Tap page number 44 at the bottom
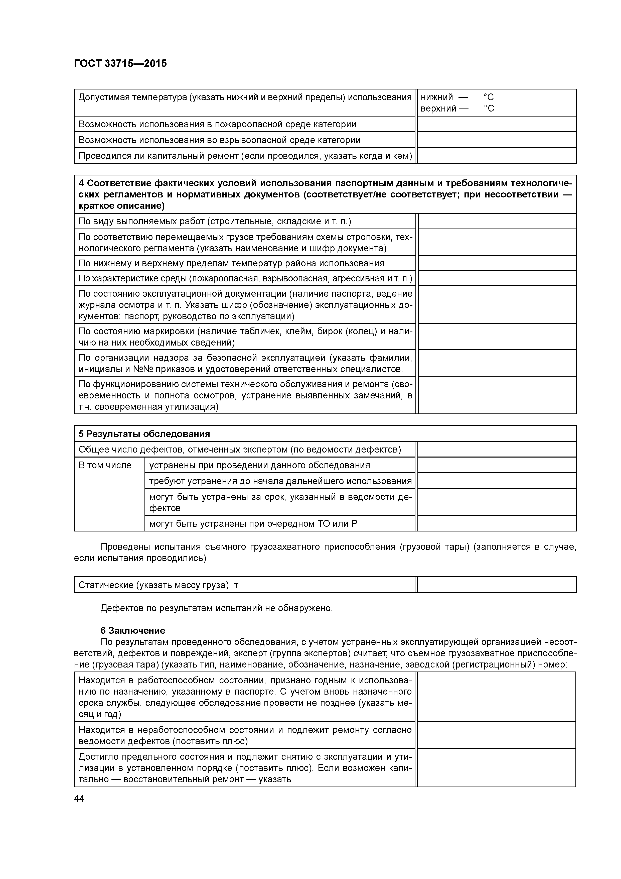79,799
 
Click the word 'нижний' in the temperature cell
436,97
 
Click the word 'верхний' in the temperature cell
438,109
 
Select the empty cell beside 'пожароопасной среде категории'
497,124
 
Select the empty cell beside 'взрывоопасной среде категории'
497,140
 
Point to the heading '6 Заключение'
133,630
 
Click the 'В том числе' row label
105,466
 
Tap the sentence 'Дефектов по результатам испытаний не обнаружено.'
217,608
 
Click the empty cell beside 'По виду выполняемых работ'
497,221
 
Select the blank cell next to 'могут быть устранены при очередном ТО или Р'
497,523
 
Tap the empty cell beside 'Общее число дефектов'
497,450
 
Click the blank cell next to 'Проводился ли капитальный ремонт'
497,155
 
